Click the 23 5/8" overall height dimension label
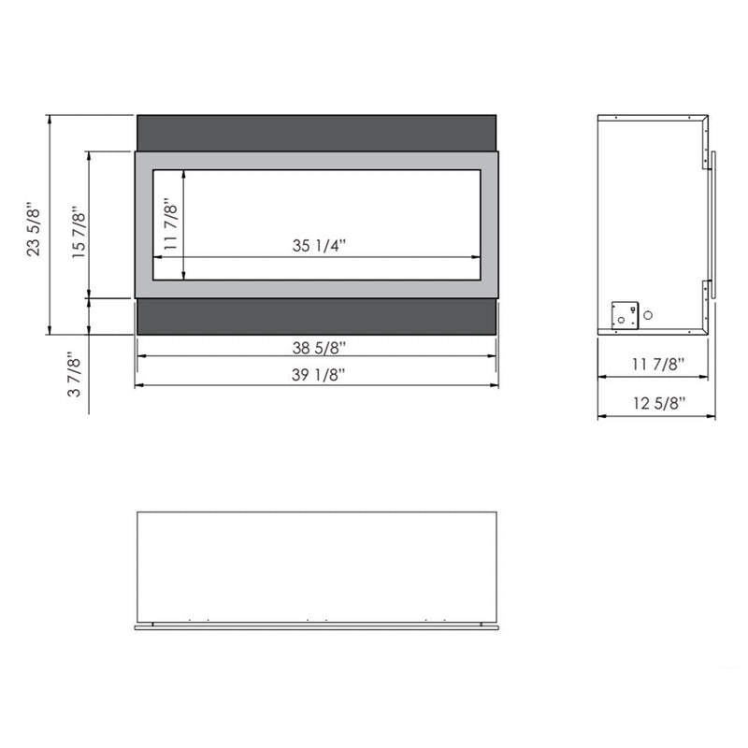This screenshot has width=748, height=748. pos(36,227)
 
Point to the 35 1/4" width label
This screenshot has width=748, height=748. pos(318,247)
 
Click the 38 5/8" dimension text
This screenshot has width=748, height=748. pos(318,349)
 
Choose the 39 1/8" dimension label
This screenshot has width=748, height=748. pos(318,375)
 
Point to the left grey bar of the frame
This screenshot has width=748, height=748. pos(144,224)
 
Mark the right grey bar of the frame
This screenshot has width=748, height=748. pos(489,224)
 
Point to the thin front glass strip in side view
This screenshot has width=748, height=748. pos(713,224)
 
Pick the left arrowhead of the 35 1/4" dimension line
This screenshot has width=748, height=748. pos(157,257)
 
